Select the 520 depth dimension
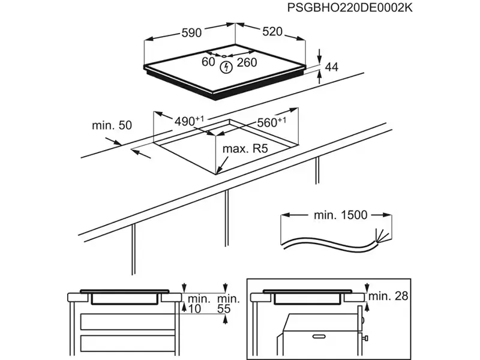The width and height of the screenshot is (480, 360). (272, 32)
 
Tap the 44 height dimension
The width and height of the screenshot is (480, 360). (332, 67)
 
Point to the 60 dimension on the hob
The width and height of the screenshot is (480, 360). (208, 62)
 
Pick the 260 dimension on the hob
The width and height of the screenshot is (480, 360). (247, 62)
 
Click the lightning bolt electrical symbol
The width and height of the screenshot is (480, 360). (226, 67)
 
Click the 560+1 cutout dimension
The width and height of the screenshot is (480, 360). (271, 122)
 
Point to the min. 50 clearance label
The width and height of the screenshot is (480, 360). (112, 125)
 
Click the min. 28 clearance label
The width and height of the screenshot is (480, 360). (388, 295)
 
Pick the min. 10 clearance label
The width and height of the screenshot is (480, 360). (197, 304)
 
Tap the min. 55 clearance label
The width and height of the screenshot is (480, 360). (229, 304)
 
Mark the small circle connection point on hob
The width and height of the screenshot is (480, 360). (226, 55)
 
